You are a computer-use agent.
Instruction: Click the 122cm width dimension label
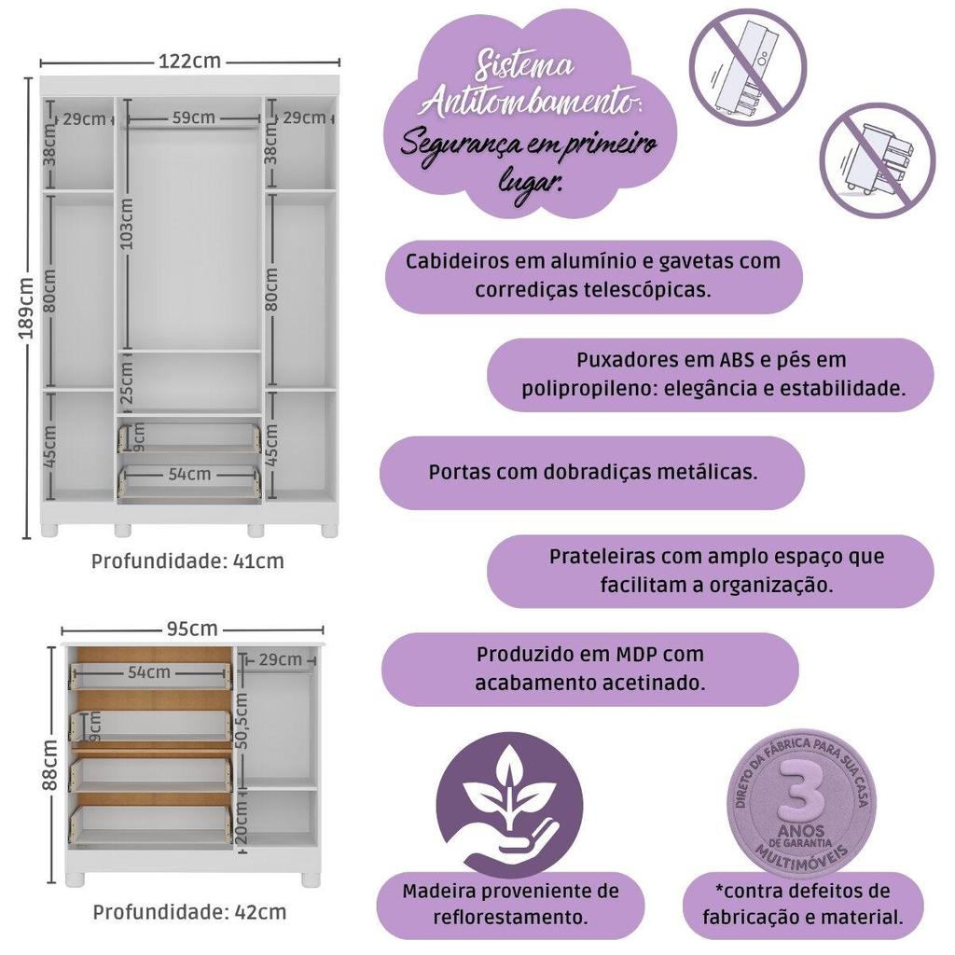pyautogui.click(x=189, y=62)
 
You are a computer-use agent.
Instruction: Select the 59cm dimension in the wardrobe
pyautogui.click(x=193, y=118)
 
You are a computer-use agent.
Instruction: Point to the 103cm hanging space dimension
pyautogui.click(x=127, y=224)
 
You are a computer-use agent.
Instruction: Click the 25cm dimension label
pyautogui.click(x=127, y=382)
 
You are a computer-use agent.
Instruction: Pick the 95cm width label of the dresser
pyautogui.click(x=192, y=629)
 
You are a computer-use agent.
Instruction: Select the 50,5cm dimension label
pyautogui.click(x=242, y=721)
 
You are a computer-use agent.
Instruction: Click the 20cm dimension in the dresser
pyautogui.click(x=242, y=823)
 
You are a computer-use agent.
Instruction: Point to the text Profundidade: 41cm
pyautogui.click(x=187, y=561)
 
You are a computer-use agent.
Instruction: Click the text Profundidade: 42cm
pyautogui.click(x=189, y=912)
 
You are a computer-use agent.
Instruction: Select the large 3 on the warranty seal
pyautogui.click(x=802, y=790)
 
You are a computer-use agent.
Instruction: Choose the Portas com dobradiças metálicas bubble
pyautogui.click(x=592, y=473)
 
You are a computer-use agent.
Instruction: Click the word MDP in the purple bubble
pyautogui.click(x=637, y=654)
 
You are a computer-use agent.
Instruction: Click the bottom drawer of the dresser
pyautogui.click(x=151, y=824)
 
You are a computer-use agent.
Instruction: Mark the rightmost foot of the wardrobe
pyautogui.click(x=329, y=529)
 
